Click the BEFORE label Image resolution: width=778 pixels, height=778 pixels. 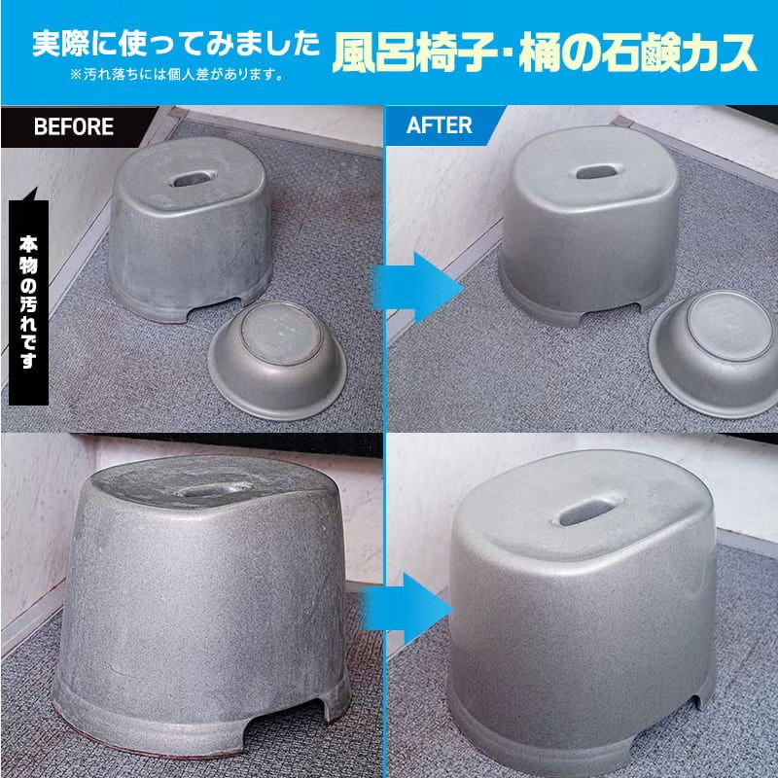(73, 126)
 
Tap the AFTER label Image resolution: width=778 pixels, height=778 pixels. (439, 126)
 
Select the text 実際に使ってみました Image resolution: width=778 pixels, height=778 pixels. (176, 44)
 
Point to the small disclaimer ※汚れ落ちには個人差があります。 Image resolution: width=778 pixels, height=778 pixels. (176, 73)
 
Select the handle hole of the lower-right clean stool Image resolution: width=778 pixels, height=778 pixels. (582, 509)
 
